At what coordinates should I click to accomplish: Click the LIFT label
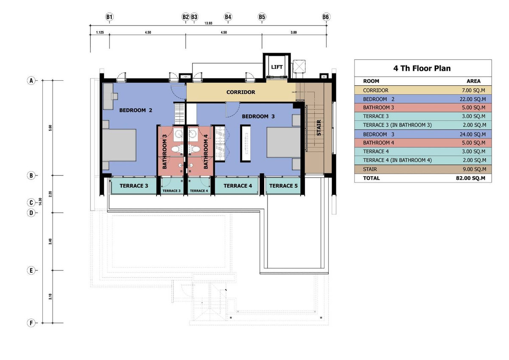[277, 67]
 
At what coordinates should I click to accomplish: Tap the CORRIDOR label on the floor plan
[241, 92]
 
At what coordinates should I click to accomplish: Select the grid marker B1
[109, 17]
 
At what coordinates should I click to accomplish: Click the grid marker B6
[326, 17]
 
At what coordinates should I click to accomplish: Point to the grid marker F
[31, 323]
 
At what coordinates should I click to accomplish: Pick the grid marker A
[31, 81]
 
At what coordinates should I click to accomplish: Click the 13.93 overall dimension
[208, 23]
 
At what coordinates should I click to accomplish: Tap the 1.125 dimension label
[100, 33]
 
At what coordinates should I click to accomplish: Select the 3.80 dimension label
[294, 33]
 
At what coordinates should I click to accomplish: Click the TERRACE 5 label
[283, 186]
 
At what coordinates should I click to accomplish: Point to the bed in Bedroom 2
[119, 145]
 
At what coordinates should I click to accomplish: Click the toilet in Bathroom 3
[176, 149]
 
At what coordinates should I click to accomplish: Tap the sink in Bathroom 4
[193, 134]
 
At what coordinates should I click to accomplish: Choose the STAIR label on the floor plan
[319, 128]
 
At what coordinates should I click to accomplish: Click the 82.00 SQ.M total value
[470, 178]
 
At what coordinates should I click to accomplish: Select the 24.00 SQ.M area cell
[473, 135]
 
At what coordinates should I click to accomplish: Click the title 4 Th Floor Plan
[422, 68]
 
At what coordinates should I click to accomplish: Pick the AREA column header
[473, 81]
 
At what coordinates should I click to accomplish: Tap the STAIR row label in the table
[370, 169]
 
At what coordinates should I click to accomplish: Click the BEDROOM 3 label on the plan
[258, 116]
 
